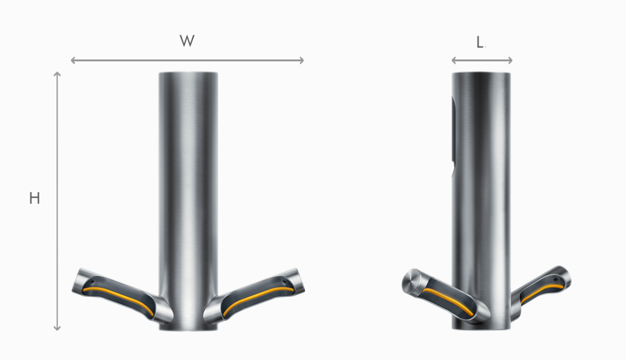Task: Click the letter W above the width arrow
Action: point(187,41)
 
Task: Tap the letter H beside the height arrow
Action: point(34,198)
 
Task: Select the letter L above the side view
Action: point(480,43)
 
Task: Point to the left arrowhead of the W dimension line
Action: point(73,60)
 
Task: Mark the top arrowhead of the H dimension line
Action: point(57,74)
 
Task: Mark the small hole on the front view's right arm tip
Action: point(284,280)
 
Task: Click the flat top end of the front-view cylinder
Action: point(188,73)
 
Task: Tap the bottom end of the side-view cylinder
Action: point(481,328)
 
